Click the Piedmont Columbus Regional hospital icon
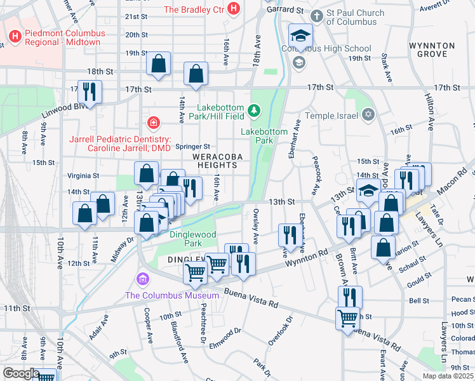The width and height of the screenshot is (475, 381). [x=15, y=35]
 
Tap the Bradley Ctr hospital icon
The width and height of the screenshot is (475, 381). [x=234, y=9]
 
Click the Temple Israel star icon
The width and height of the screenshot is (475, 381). [x=368, y=115]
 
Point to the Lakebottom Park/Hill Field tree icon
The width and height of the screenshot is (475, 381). [x=254, y=111]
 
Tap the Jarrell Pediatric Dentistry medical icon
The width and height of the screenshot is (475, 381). [x=153, y=122]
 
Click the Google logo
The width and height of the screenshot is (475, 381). [x=20, y=373]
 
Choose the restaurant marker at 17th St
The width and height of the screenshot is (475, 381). [x=89, y=92]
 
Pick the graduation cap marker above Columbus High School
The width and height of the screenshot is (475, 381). [x=301, y=35]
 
